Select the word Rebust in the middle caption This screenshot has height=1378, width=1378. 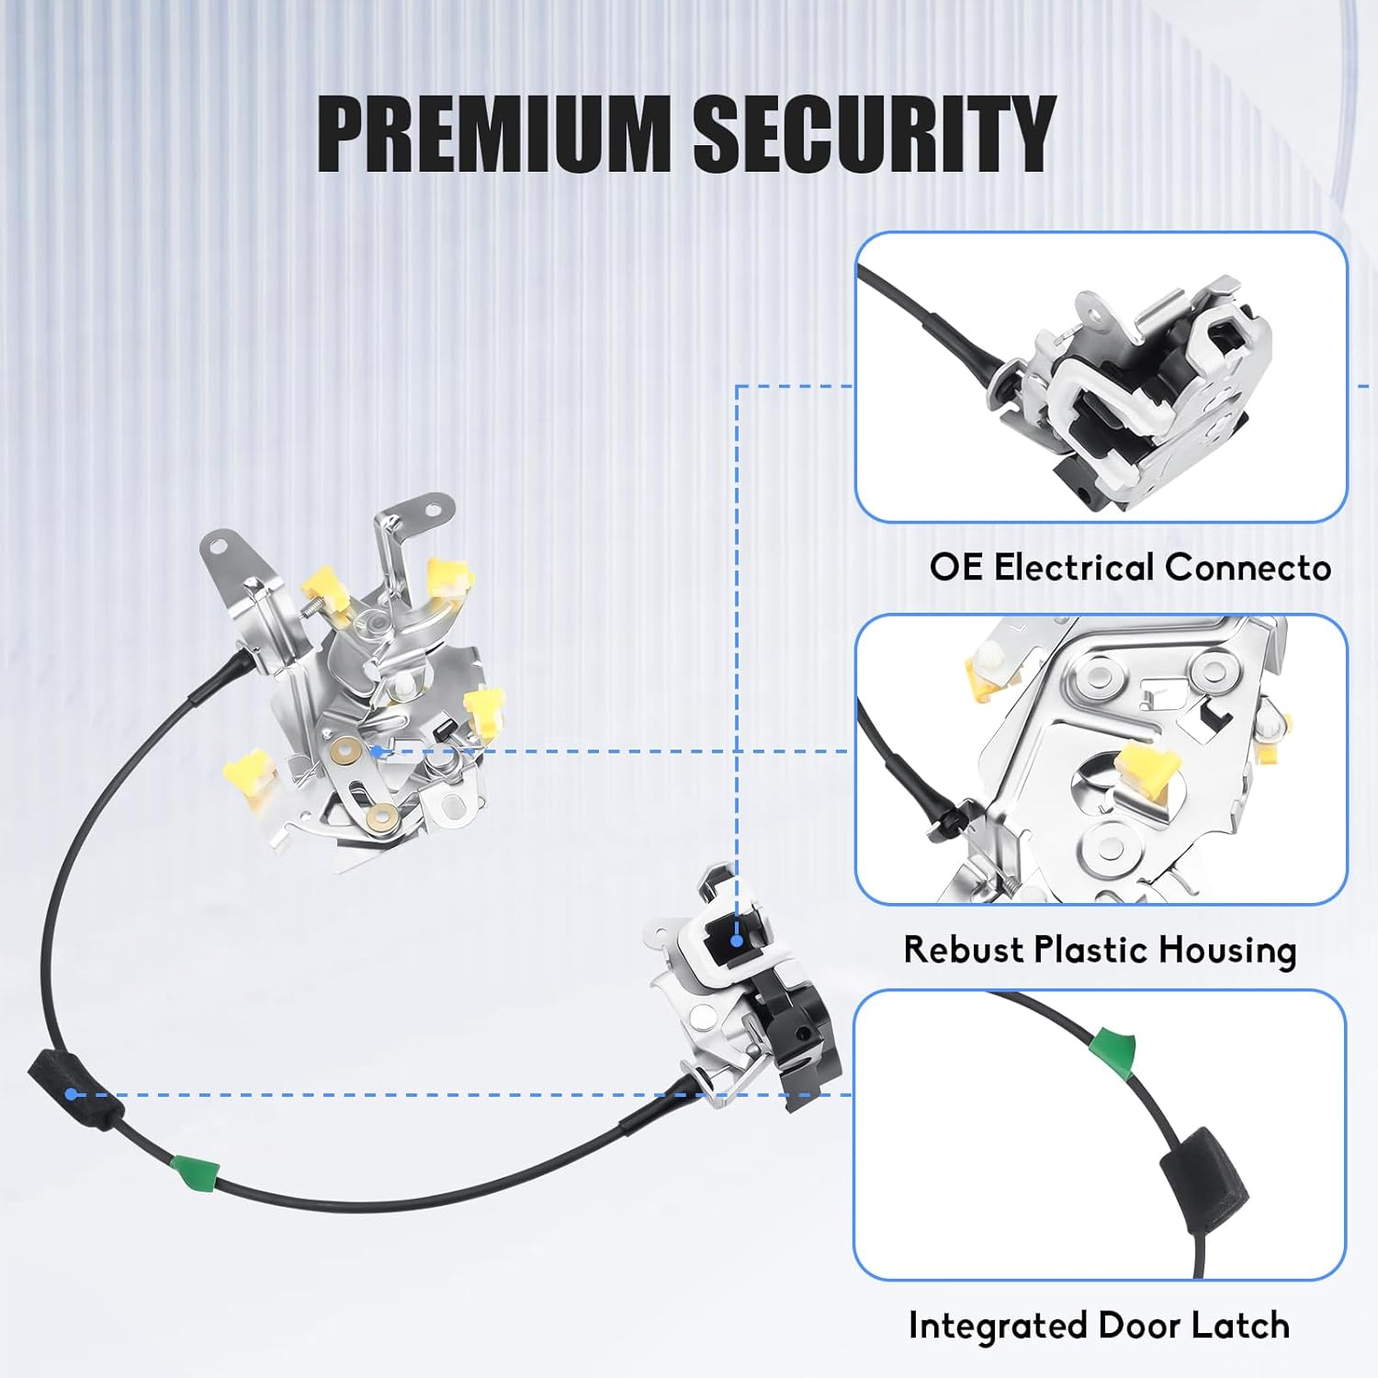coord(963,949)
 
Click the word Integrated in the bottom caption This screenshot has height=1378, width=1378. coord(998,1327)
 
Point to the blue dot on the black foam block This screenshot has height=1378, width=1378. coord(71,1094)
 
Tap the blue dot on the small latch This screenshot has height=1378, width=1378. coord(737,940)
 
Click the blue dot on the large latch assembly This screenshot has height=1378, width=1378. coord(376,751)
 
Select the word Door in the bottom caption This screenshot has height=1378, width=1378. coord(1139,1326)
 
